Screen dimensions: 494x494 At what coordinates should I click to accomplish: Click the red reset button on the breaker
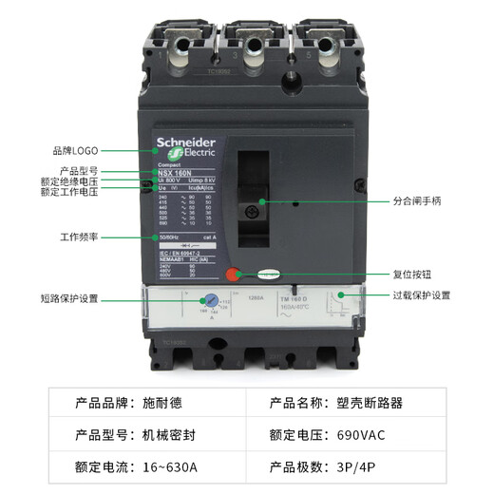click(x=232, y=275)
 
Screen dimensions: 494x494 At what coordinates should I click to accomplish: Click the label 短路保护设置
click(x=69, y=298)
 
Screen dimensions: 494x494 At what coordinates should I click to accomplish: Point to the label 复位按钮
click(x=415, y=274)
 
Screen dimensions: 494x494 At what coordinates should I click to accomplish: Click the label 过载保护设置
click(x=422, y=295)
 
